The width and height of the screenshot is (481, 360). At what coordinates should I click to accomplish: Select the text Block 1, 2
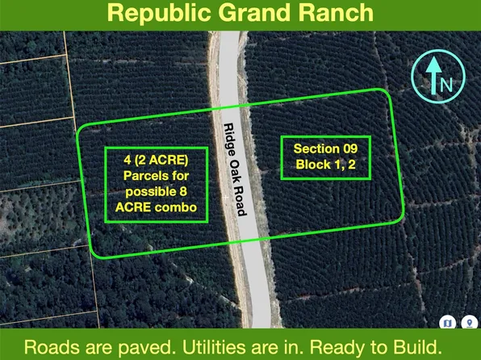pyautogui.click(x=331, y=165)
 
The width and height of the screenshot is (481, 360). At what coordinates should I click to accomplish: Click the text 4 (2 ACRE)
pyautogui.click(x=156, y=161)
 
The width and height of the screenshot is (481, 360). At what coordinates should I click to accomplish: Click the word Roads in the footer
pyautogui.click(x=48, y=347)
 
